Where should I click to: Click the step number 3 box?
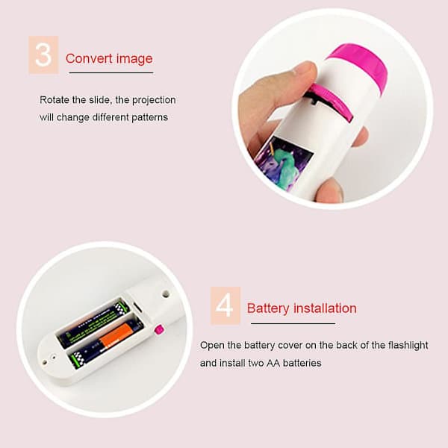coord(43,55)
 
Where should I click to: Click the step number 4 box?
coord(225,305)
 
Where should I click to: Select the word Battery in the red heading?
coord(268,308)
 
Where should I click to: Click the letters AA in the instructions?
coord(273,363)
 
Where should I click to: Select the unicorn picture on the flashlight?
coord(284,163)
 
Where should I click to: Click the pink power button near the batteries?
coord(159,329)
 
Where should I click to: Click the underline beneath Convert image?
coord(111,73)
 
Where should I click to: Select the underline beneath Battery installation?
coord(293,324)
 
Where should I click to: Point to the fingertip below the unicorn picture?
coord(329,190)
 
